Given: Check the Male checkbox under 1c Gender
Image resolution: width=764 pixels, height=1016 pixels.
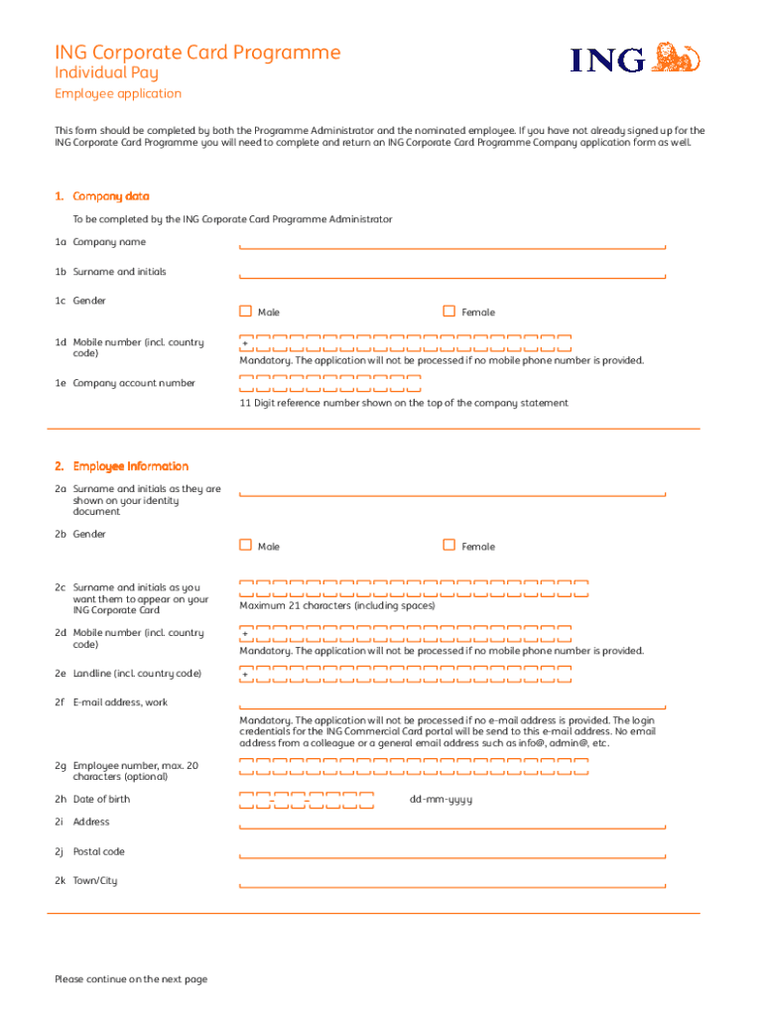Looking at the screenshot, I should [x=245, y=312].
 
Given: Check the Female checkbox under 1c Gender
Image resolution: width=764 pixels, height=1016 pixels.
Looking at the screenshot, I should [x=448, y=312].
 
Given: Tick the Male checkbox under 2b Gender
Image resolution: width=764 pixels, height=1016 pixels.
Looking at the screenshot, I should [x=245, y=545].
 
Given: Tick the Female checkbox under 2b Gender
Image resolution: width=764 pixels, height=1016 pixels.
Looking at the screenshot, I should [x=448, y=545].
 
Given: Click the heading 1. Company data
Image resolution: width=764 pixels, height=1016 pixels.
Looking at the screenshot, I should [x=102, y=196].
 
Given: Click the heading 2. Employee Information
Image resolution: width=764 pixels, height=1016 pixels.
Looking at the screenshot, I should [x=121, y=466].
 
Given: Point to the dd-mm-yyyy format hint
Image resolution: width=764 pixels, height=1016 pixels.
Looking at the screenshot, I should [x=441, y=800].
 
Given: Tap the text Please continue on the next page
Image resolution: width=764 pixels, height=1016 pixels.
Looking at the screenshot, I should [x=131, y=979].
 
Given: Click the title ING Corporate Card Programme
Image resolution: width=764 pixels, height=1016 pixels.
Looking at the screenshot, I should [x=196, y=52].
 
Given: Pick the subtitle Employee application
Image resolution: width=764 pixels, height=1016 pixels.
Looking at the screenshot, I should [x=117, y=93].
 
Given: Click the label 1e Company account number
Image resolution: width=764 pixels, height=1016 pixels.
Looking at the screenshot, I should [x=125, y=383].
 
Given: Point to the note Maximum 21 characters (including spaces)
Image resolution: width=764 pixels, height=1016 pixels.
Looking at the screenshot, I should [x=336, y=605].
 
